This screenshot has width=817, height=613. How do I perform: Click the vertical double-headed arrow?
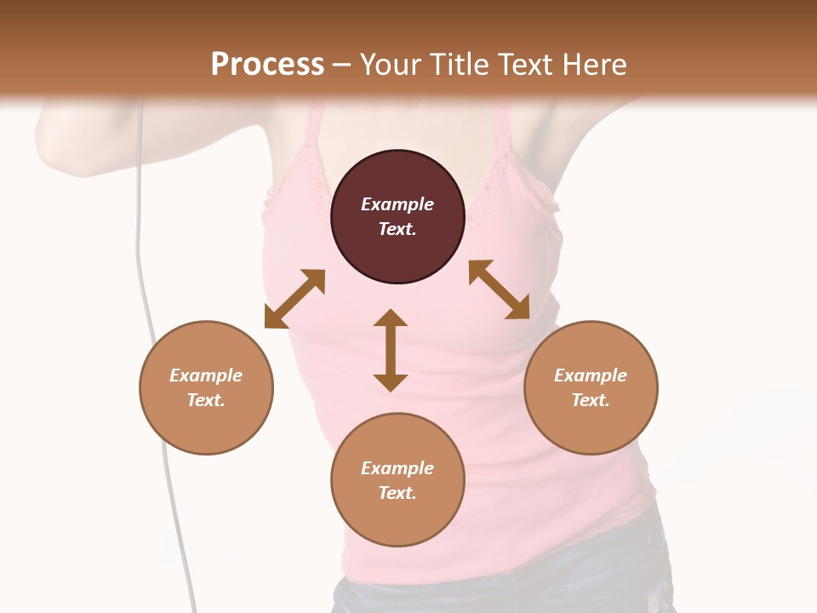click(391, 350)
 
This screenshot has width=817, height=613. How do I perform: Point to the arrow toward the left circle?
click(294, 299)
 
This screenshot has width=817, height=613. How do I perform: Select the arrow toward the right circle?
click(499, 289)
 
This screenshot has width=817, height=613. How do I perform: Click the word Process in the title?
click(267, 64)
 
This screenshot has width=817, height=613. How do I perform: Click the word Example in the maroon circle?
click(397, 204)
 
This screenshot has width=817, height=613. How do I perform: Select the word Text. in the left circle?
click(206, 400)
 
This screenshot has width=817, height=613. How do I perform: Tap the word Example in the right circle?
click(591, 375)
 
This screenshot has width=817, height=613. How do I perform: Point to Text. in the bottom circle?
click(397, 493)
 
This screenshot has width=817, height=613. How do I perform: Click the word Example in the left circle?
click(206, 375)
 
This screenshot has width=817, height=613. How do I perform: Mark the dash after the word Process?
click(342, 65)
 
